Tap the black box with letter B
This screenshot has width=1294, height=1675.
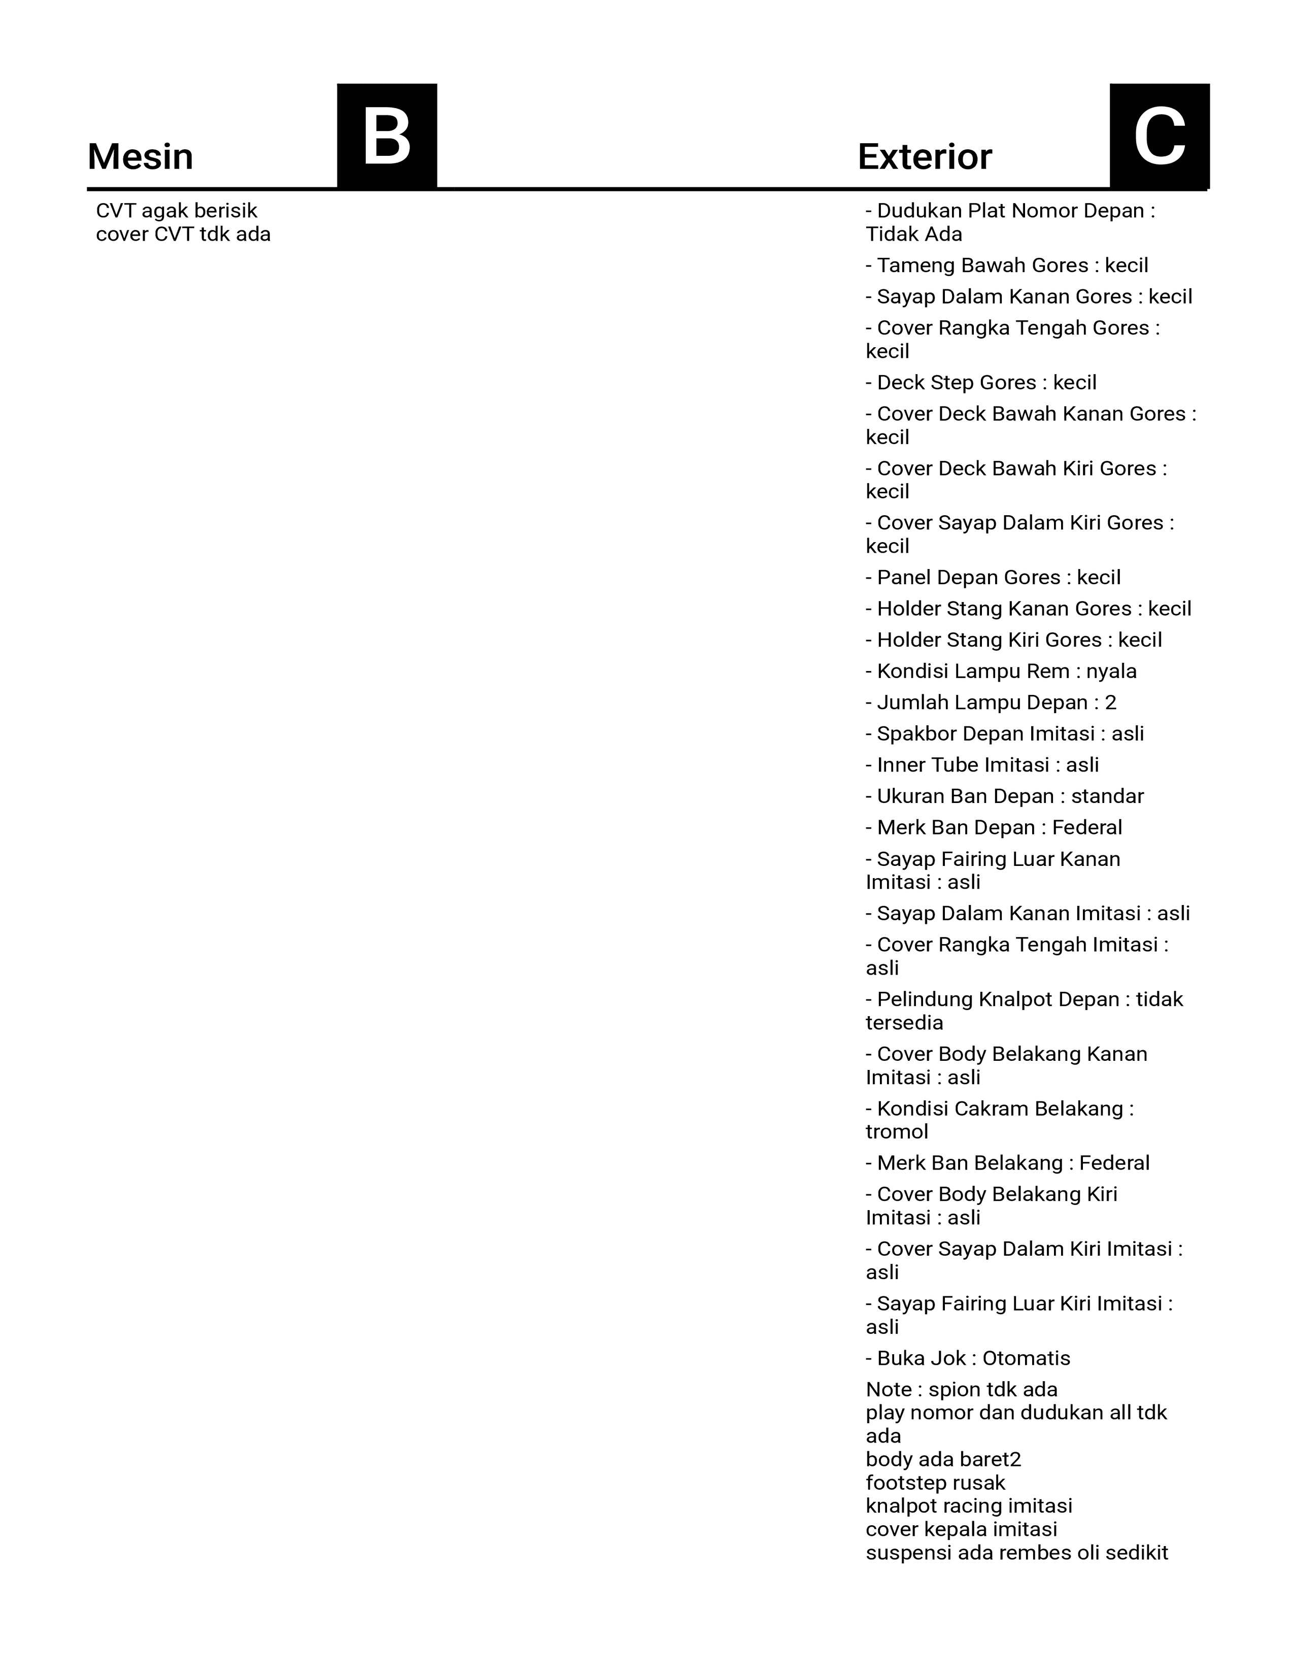[387, 136]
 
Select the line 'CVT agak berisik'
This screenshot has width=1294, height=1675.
[176, 211]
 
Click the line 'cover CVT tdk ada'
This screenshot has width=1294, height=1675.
[183, 234]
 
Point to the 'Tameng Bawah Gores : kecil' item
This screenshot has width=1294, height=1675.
[1007, 265]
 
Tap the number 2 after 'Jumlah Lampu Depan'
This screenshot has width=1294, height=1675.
[1111, 702]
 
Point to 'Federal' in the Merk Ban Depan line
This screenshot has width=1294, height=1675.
[1087, 827]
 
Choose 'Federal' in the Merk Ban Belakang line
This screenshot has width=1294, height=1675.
[1115, 1163]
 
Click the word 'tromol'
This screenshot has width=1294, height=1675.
[897, 1132]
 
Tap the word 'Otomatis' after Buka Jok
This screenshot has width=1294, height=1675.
[1027, 1358]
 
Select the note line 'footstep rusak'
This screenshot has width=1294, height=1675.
[935, 1483]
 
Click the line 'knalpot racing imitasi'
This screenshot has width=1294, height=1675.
[969, 1505]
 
